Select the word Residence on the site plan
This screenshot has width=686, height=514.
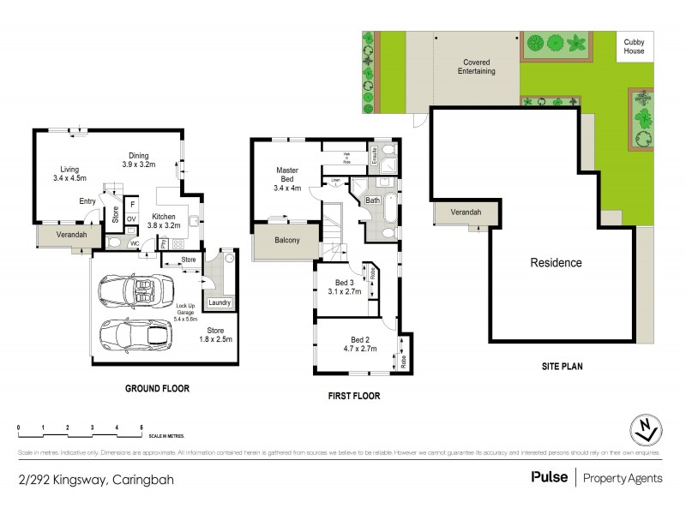click(x=556, y=263)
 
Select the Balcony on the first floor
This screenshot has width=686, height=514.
click(x=287, y=241)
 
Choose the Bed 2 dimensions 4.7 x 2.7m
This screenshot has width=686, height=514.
click(x=349, y=350)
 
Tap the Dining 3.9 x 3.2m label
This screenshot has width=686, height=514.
click(x=138, y=159)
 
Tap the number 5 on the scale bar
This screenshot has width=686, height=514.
click(x=141, y=426)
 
